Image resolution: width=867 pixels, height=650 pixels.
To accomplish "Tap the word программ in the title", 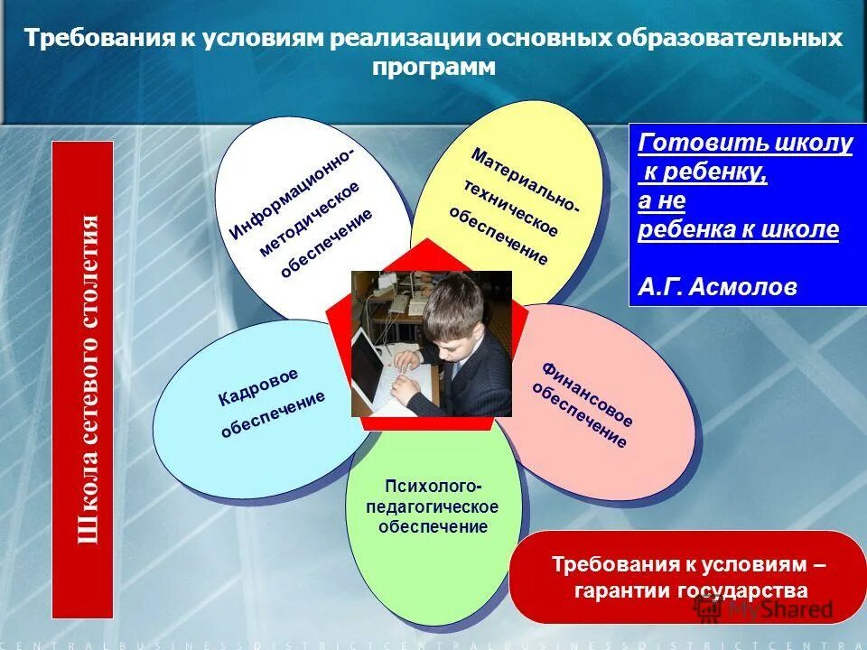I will (x=433, y=69).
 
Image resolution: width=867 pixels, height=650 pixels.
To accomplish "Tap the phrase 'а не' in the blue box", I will (x=661, y=200).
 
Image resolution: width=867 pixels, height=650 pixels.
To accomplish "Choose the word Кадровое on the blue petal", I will (x=257, y=387).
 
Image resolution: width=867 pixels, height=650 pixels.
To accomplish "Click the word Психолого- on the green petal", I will (x=433, y=487).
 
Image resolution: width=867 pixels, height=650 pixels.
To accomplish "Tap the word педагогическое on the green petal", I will (x=432, y=506).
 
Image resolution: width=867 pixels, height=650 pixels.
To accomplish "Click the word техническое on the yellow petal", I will (x=511, y=209).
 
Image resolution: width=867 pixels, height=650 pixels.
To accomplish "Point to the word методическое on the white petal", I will (x=310, y=218).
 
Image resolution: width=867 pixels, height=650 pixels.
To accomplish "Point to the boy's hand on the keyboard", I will (x=406, y=361).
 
